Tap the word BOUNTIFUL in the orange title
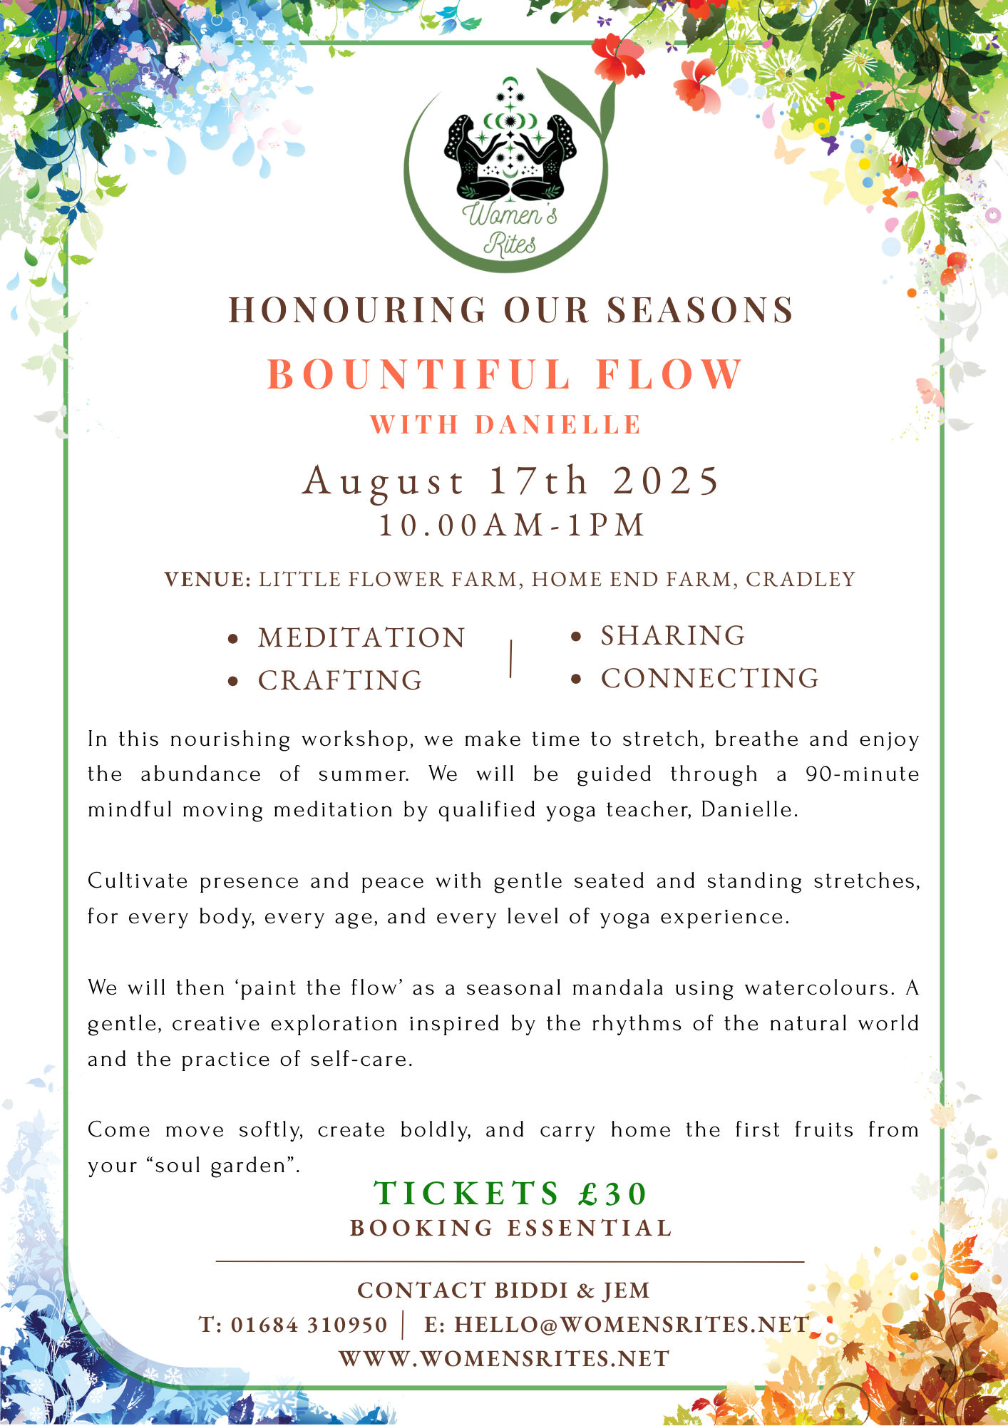click(x=420, y=374)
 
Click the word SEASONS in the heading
click(x=700, y=310)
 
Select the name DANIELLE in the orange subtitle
click(x=558, y=425)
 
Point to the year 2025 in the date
click(x=667, y=481)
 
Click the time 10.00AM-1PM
click(x=511, y=525)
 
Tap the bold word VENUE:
click(x=207, y=580)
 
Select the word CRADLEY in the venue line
click(x=801, y=580)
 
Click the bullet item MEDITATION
click(x=361, y=638)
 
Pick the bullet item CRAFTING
click(x=340, y=681)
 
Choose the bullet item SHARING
click(x=673, y=636)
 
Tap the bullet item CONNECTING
click(x=710, y=679)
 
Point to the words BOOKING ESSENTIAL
click(x=511, y=1228)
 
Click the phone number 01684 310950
click(x=309, y=1325)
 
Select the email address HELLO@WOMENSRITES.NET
click(x=632, y=1325)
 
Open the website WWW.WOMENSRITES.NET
click(x=505, y=1359)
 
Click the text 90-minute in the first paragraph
click(x=863, y=774)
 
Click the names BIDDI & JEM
click(x=572, y=1291)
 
